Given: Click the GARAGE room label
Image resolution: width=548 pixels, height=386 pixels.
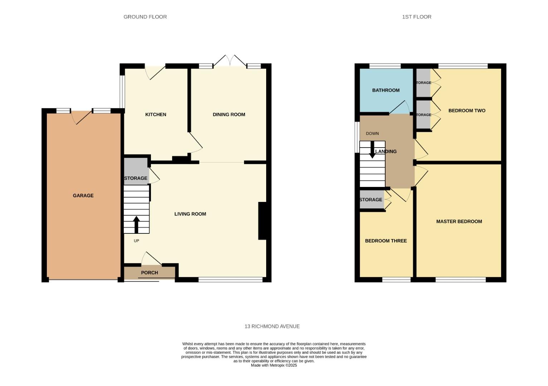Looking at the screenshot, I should coord(83,196).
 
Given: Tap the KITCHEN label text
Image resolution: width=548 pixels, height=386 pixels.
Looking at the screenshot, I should coord(156,114).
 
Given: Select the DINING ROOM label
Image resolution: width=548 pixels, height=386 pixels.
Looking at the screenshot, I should coord(229,114).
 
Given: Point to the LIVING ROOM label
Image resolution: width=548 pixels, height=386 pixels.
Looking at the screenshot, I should coord(190,214).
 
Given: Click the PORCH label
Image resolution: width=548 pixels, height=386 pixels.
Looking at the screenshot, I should coord(150,273).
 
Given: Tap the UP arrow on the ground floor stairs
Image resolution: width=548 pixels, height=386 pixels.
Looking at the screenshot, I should coord(136,224).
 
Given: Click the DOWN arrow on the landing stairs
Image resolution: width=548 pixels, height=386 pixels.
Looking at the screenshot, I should coord(372,150).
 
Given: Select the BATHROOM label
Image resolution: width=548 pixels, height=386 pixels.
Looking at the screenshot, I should coord(386,90).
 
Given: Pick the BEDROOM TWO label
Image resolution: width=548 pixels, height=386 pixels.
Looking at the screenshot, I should coord(467,110).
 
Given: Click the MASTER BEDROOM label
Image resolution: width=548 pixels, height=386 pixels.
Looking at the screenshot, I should coord(459,221).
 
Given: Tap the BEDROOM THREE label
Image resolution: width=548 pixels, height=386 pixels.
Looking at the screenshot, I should coord(386,241).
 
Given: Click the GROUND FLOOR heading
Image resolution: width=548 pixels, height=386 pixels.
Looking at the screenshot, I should coord(145,17).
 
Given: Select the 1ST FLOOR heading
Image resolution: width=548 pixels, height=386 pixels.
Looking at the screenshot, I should coord(416,17).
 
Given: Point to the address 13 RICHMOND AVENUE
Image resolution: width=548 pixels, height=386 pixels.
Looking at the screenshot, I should coord(272,326).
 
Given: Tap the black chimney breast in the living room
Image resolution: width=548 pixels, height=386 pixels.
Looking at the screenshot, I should coord(262,221).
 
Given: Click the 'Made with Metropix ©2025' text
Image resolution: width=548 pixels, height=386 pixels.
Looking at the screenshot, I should coord(274,365).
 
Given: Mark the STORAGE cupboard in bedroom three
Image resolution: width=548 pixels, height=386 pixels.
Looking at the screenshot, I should coord(371,200).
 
